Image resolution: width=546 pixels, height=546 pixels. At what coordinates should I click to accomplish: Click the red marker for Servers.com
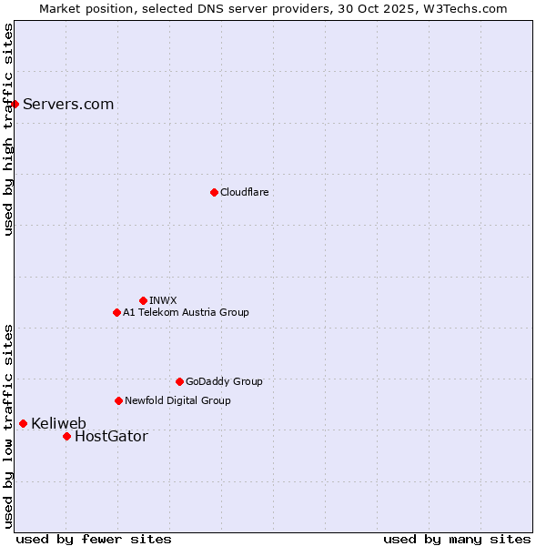tap(15, 104)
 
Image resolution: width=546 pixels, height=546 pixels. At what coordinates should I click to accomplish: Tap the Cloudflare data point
tap(214, 192)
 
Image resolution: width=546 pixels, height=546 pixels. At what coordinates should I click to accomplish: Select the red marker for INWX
tap(143, 300)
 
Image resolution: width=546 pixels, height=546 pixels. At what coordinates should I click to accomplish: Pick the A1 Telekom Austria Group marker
tap(116, 312)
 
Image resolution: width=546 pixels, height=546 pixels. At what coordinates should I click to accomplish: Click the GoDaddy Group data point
tap(179, 381)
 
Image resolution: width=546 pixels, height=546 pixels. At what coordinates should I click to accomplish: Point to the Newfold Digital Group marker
tap(118, 400)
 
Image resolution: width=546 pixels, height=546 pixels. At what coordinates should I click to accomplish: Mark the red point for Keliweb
tap(23, 423)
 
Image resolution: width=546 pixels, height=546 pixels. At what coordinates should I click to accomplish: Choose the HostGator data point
tap(66, 436)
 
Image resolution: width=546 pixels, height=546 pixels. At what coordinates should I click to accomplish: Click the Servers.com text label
tap(68, 104)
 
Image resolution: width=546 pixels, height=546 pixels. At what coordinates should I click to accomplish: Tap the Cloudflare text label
tap(245, 192)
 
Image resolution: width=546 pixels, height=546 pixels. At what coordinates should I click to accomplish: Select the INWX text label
tap(163, 300)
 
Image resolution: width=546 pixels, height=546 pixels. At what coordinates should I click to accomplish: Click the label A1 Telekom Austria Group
tap(186, 312)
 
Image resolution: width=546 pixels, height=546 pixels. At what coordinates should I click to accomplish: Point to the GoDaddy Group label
tap(224, 381)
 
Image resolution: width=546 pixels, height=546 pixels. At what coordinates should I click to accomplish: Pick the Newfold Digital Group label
tap(177, 400)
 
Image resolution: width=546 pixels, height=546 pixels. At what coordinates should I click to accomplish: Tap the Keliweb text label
tap(58, 423)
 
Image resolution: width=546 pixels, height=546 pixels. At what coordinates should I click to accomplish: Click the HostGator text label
tap(111, 436)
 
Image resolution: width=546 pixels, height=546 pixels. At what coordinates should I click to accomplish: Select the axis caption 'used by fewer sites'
tap(94, 539)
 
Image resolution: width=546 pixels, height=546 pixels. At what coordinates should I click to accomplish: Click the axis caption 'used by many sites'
tap(457, 539)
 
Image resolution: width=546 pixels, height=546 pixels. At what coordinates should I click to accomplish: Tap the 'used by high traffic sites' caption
tap(8, 129)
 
